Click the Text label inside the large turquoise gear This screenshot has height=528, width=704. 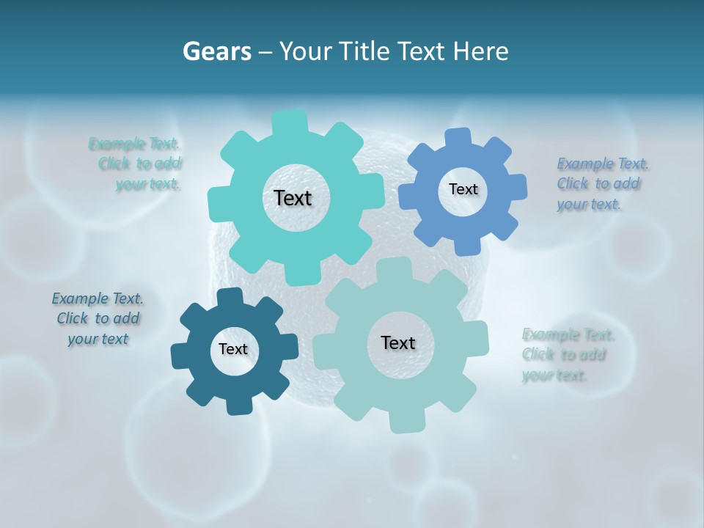[x=293, y=198]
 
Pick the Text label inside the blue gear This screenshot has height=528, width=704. [x=463, y=189]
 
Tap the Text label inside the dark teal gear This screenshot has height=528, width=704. [x=233, y=349]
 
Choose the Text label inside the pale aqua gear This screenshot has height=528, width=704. [x=398, y=342]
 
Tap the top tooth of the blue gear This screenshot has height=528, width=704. [x=459, y=137]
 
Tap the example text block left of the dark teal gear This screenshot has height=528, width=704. [x=98, y=319]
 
